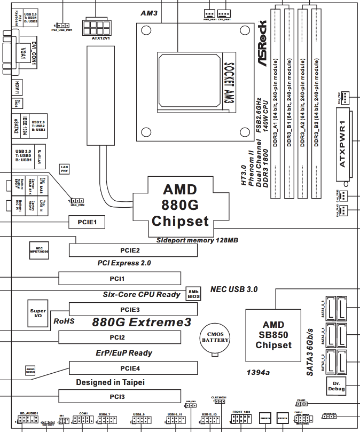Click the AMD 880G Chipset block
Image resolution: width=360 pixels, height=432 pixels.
(x=180, y=205)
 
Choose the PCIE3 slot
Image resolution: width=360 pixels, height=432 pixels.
(x=133, y=309)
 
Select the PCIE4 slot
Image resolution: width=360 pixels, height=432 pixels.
(x=133, y=368)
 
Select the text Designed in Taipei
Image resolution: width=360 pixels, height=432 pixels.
(x=110, y=382)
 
